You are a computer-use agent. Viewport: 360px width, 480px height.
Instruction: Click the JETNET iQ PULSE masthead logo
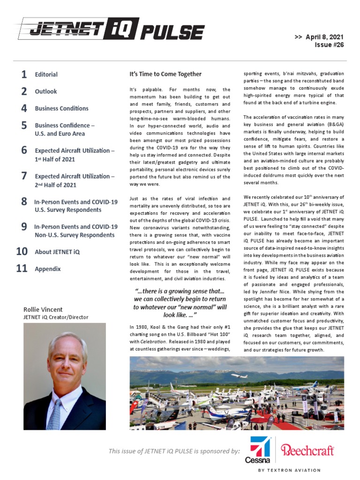110,31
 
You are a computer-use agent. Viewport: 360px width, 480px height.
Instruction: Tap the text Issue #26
331,45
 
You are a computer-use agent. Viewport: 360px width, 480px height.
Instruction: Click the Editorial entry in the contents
46,75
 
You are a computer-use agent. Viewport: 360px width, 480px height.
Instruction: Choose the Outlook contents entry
45,91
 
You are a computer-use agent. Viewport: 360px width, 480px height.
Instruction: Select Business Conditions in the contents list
61,108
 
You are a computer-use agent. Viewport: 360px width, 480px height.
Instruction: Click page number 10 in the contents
22,252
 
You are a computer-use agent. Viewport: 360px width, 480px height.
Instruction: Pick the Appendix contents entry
47,269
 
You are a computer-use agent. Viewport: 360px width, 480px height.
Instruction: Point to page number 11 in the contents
22,269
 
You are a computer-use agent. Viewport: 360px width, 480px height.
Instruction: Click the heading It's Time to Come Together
165,74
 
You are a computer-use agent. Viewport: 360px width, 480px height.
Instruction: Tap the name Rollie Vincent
43,309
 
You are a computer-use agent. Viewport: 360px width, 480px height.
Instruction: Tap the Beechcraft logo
307,450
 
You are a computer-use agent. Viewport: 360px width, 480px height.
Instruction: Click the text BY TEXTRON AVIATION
290,470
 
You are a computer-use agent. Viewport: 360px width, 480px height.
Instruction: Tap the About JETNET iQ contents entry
57,252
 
